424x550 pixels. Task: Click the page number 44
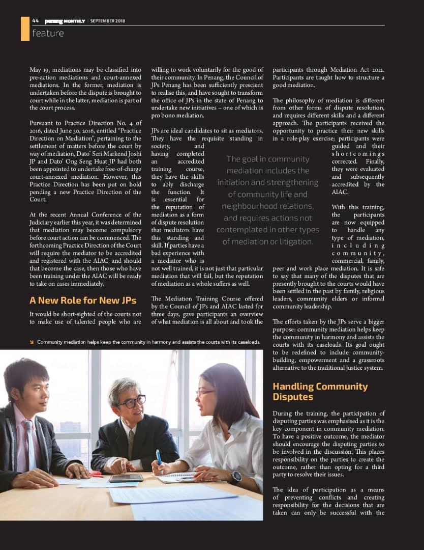[35, 21]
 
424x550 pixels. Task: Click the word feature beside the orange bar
[48, 33]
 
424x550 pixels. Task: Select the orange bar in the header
[25, 28]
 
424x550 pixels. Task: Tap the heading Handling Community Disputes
[320, 391]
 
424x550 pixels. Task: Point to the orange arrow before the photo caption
[33, 342]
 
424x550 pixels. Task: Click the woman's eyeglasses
[205, 392]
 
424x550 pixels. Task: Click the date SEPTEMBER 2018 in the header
[111, 21]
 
